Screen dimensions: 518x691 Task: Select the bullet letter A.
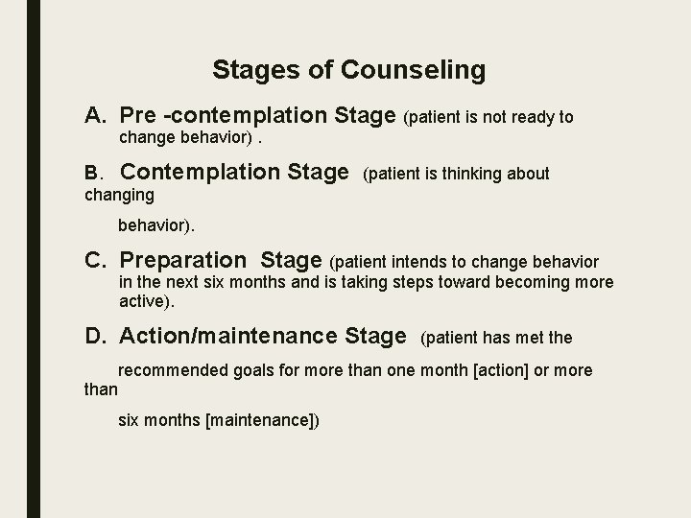pyautogui.click(x=95, y=116)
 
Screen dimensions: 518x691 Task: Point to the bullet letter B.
pyautogui.click(x=93, y=174)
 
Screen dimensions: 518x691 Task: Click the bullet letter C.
pyautogui.click(x=95, y=260)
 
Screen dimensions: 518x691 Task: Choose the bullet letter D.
pyautogui.click(x=95, y=336)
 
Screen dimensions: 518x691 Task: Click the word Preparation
pyautogui.click(x=183, y=260)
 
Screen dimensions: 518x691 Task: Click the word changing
pyautogui.click(x=119, y=195)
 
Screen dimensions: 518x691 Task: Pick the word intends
pyautogui.click(x=413, y=261)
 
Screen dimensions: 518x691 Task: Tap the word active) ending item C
pyautogui.click(x=147, y=301)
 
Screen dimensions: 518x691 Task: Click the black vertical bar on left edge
pyautogui.click(x=34, y=259)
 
